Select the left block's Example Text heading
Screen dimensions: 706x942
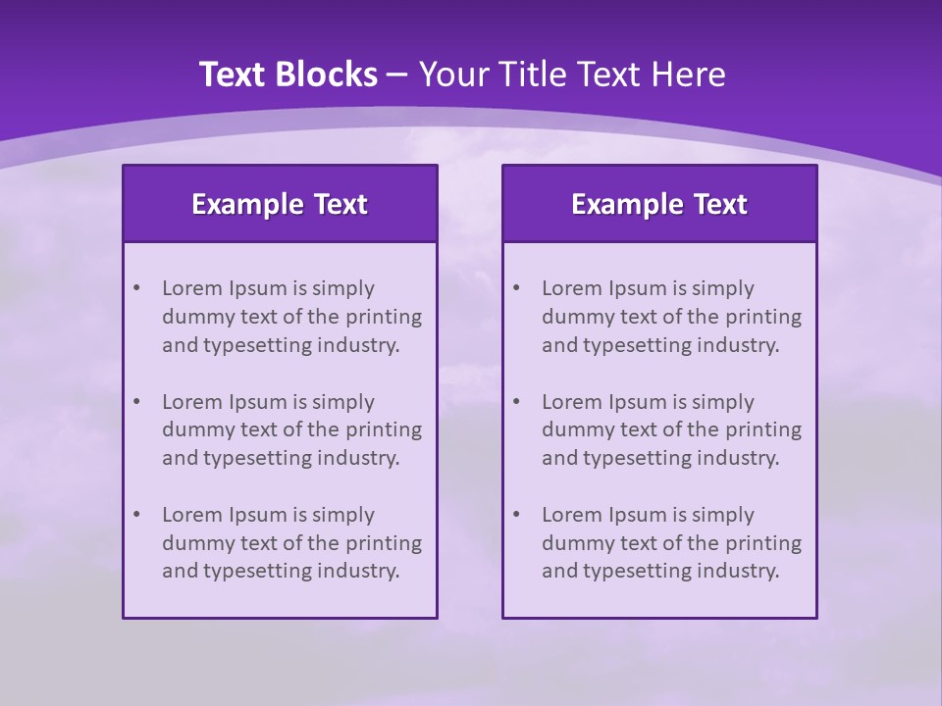click(x=280, y=204)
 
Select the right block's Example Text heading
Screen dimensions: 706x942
click(x=659, y=204)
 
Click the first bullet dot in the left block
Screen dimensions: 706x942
click(x=136, y=288)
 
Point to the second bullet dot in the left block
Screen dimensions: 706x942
click(x=136, y=402)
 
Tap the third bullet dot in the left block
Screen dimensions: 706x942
click(x=136, y=515)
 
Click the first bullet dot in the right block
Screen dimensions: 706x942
click(x=516, y=288)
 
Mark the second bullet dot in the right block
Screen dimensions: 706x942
click(x=516, y=402)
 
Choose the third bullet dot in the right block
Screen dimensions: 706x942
click(x=516, y=515)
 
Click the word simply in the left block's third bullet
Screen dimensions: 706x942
click(x=342, y=515)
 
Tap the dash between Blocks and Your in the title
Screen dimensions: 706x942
click(x=397, y=75)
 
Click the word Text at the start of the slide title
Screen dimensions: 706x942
click(x=232, y=75)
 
